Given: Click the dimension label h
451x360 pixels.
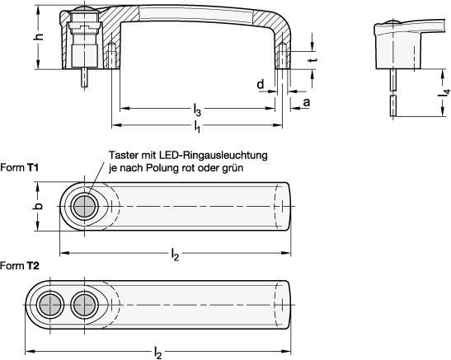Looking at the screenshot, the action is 40,36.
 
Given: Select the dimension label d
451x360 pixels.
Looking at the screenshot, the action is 261,85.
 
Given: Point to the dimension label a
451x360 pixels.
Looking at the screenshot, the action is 307,102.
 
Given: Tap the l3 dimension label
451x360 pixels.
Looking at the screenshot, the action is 197,110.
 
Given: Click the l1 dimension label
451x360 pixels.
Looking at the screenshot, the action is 197,127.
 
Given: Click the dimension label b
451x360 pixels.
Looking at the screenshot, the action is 40,206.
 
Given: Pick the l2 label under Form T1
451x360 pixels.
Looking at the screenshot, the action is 175,255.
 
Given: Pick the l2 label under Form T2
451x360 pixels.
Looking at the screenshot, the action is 158,353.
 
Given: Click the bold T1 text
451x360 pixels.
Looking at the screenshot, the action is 33,167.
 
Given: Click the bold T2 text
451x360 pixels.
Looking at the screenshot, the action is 33,266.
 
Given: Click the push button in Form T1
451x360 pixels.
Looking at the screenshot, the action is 85,206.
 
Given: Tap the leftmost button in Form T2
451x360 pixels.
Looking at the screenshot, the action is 50,305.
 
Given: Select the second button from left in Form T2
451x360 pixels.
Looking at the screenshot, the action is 85,305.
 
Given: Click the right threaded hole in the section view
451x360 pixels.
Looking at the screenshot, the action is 283,56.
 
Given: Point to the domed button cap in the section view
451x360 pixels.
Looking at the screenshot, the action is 85,9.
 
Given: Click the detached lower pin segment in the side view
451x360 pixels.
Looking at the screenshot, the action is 393,105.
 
